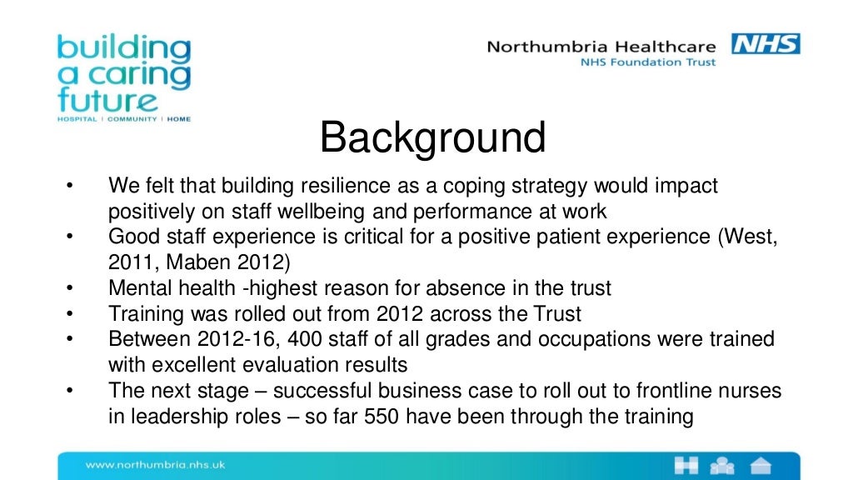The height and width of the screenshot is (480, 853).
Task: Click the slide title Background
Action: coord(432,138)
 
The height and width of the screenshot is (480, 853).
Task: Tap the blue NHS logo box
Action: coord(766,43)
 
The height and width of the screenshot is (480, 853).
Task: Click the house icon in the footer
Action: coord(761,466)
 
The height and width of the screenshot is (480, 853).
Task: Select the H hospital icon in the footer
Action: coord(688,466)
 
